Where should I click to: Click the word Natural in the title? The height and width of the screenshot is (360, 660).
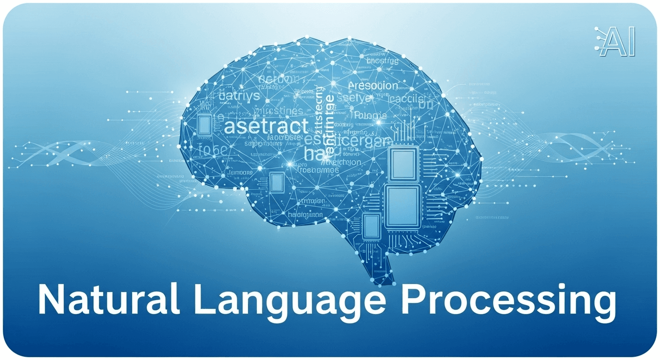click(108, 299)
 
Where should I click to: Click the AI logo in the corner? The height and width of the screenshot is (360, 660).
click(615, 43)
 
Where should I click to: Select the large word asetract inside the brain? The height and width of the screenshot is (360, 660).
click(266, 127)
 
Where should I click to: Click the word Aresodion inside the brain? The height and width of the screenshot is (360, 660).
click(374, 86)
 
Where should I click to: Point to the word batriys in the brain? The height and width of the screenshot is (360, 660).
click(239, 97)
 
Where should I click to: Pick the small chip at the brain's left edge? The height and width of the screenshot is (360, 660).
click(204, 125)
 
